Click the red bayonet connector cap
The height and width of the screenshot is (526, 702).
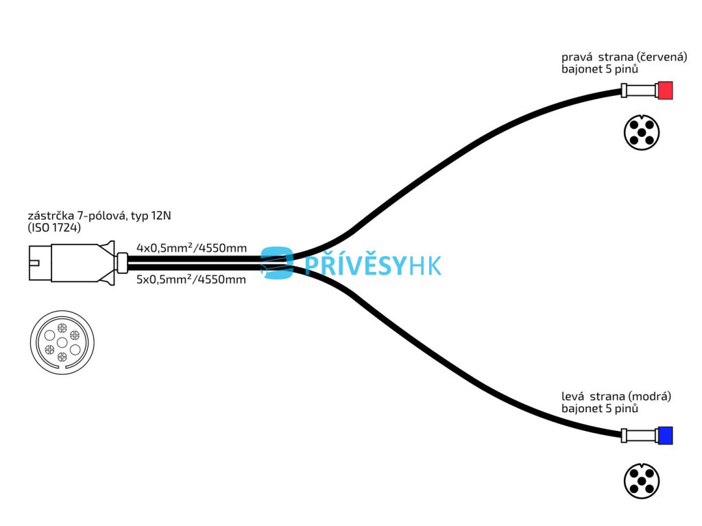665,90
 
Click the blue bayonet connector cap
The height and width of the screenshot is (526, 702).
665,436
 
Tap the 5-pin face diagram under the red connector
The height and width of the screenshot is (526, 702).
642,132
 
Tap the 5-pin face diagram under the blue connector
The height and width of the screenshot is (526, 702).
642,481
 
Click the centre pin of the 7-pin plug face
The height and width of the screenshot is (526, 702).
62,342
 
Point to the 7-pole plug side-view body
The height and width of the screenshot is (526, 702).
71,263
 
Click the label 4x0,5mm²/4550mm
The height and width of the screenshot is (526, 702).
192,248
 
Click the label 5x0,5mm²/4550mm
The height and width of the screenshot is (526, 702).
191,279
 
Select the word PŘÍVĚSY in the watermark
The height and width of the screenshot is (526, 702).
355,265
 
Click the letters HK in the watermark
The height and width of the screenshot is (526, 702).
424,265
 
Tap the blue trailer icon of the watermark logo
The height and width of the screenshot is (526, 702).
277,263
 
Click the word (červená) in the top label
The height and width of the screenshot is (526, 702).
662,58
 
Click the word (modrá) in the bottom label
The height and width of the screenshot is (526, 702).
650,397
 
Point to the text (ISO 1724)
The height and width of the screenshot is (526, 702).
54,227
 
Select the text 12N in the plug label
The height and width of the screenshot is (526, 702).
161,216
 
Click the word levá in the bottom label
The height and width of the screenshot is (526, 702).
572,397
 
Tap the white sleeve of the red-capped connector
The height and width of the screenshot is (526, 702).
640,91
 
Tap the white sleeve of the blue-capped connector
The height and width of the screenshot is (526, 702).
640,436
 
